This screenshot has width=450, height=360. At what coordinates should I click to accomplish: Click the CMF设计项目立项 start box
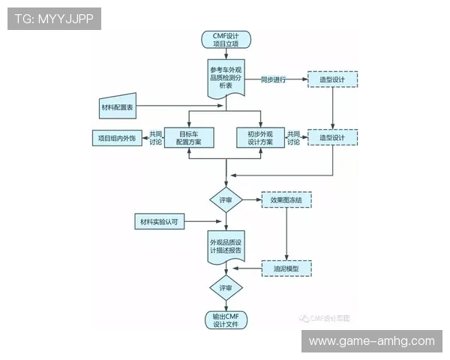click(226, 40)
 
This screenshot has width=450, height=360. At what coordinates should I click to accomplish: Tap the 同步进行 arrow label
click(274, 79)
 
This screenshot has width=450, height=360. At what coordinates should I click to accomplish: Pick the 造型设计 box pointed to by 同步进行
click(332, 79)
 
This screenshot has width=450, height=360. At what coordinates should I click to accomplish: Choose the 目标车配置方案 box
click(188, 137)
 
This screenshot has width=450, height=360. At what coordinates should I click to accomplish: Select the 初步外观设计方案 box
click(261, 137)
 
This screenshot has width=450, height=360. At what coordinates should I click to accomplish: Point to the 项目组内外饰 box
click(116, 138)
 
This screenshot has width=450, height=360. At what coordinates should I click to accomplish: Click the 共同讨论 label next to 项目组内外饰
click(156, 137)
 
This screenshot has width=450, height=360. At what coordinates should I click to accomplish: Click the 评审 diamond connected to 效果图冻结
click(226, 200)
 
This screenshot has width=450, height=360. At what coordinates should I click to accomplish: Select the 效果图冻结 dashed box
click(286, 200)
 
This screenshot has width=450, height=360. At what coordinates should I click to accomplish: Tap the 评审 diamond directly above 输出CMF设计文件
click(226, 288)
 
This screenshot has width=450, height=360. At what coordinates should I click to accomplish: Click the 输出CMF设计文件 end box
click(226, 320)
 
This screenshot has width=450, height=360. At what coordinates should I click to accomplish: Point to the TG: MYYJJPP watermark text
click(53, 19)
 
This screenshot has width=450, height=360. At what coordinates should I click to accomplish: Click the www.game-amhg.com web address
click(371, 341)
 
